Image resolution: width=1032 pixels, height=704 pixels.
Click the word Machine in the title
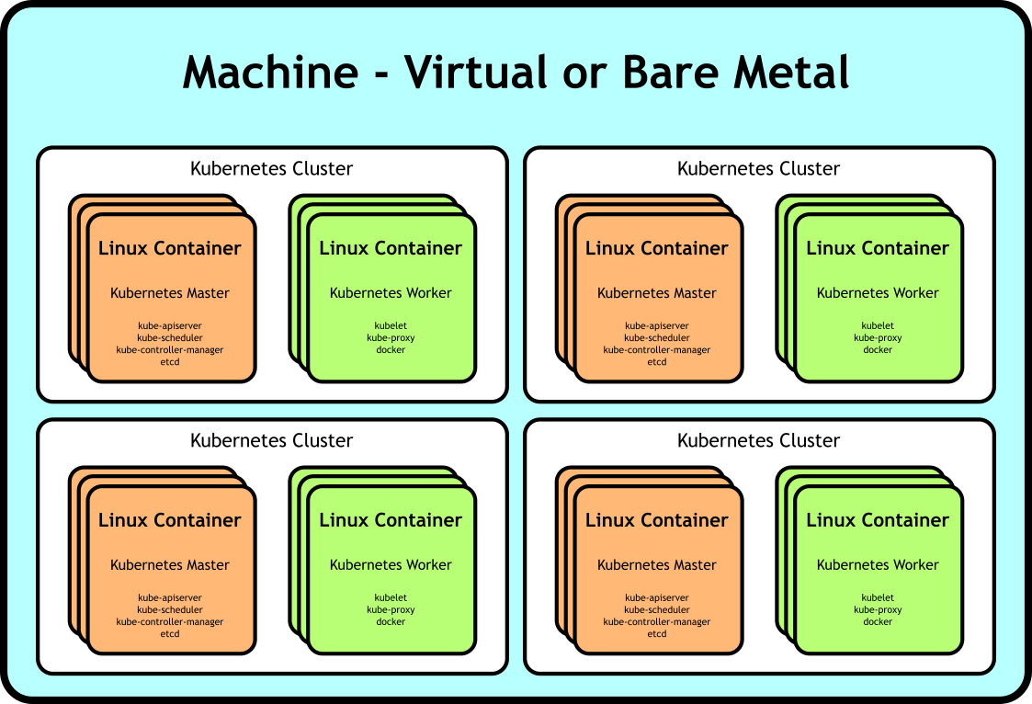coord(270,73)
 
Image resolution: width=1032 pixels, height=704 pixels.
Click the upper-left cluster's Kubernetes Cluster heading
coord(271,169)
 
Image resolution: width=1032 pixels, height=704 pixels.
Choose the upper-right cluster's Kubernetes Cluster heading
coord(758,169)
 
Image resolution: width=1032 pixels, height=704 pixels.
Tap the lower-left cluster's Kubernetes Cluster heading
coord(271,441)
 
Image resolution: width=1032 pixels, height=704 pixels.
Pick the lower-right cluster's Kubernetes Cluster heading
coord(758,441)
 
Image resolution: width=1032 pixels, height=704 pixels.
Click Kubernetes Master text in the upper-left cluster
coord(170,293)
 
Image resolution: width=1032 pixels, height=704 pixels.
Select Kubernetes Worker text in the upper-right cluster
coord(878,293)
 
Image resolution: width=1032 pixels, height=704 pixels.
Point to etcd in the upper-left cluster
coord(170,362)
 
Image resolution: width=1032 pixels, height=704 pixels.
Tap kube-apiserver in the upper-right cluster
coord(657,326)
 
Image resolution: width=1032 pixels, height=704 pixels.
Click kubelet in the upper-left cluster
coord(391,326)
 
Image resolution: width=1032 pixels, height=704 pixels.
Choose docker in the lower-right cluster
coord(878,622)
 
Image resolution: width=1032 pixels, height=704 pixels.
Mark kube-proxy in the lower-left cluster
coord(391,610)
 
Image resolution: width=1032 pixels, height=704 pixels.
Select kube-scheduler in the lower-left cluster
coord(170,610)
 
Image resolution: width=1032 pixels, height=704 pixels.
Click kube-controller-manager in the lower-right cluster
coord(657,622)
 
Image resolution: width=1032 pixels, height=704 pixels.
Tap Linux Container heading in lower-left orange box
coord(170,520)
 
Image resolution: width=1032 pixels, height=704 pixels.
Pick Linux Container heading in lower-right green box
coord(878,520)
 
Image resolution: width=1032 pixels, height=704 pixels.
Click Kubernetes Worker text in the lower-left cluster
coord(391,565)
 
